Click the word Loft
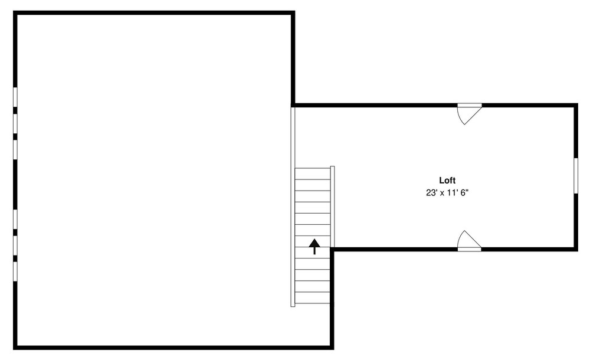click(447, 181)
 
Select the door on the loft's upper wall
click(469, 113)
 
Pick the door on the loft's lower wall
click(469, 241)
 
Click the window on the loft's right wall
click(576, 176)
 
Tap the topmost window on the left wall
click(15, 97)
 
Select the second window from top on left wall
click(15, 123)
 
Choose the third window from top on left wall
click(15, 149)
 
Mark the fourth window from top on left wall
click(15, 219)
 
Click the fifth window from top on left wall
click(15, 245)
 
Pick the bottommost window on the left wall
click(15, 271)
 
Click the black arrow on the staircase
click(314, 246)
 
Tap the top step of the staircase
click(313, 174)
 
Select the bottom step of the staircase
click(313, 298)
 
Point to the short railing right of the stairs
click(332, 207)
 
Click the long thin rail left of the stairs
click(293, 207)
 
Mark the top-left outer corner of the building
click(14, 11)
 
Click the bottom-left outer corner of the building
click(14, 349)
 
